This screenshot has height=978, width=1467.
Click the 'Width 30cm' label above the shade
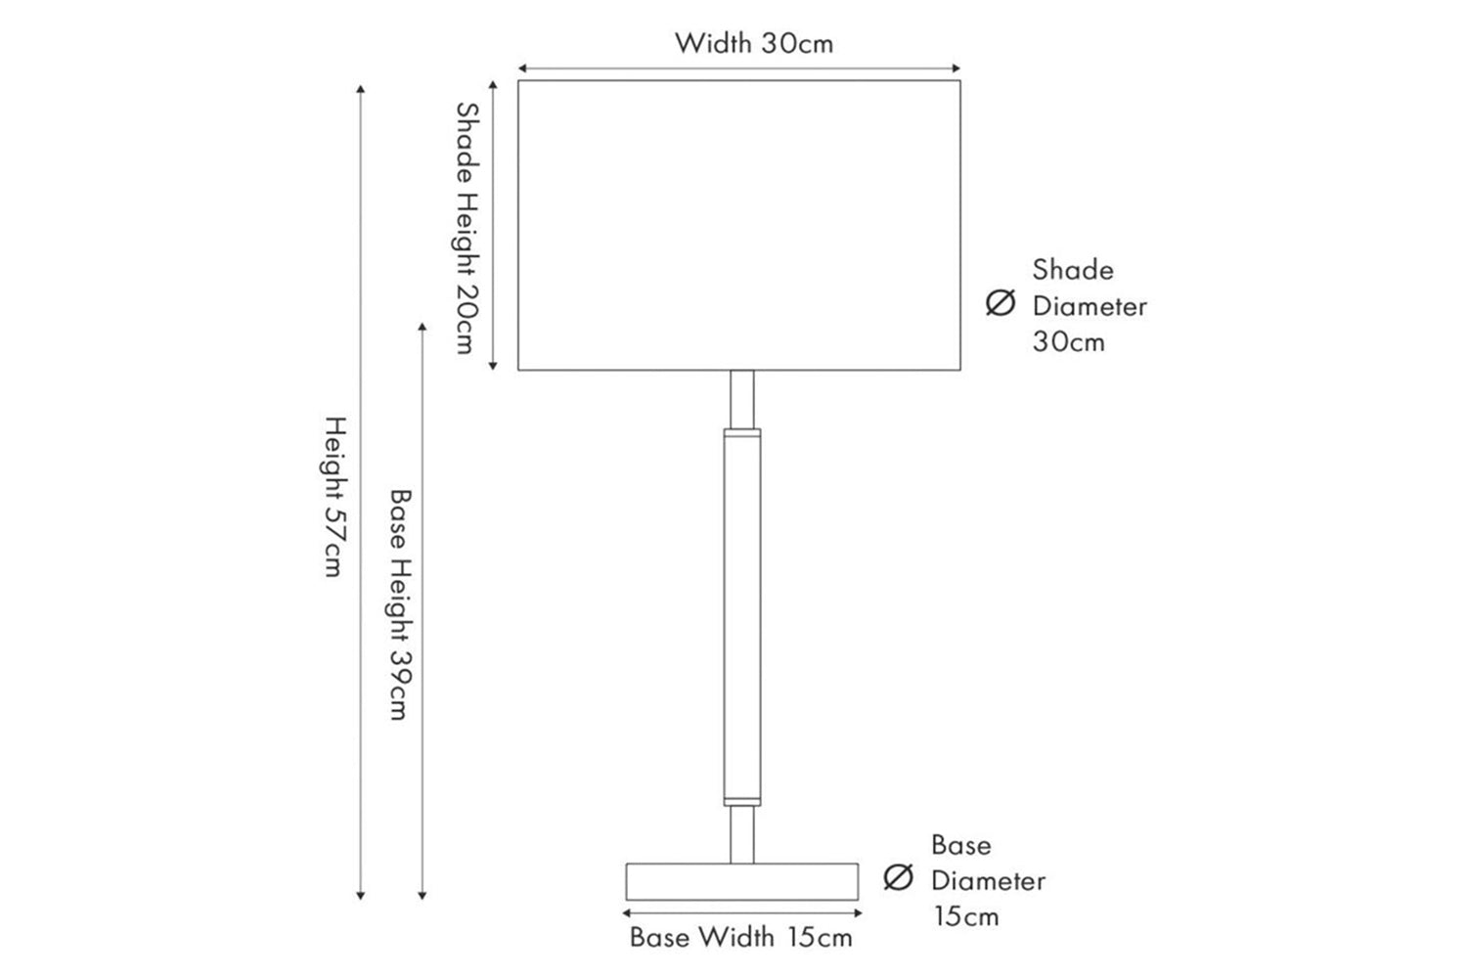pyautogui.click(x=754, y=44)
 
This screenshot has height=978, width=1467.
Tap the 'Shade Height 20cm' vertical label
pyautogui.click(x=467, y=228)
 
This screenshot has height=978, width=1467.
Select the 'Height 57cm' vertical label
pyautogui.click(x=334, y=497)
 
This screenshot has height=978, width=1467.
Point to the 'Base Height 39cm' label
pyautogui.click(x=400, y=604)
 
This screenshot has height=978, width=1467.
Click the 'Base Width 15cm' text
pyautogui.click(x=740, y=937)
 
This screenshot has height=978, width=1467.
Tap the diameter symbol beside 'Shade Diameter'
pyautogui.click(x=1000, y=302)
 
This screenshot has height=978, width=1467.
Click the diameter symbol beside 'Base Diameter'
pyautogui.click(x=898, y=877)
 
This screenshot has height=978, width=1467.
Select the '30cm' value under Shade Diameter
pyautogui.click(x=1069, y=342)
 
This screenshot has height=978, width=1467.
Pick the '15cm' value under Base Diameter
pyautogui.click(x=966, y=916)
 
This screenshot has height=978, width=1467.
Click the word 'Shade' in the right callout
pyautogui.click(x=1073, y=270)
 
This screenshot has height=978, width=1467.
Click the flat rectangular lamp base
pyautogui.click(x=742, y=882)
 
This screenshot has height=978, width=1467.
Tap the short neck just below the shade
pyautogui.click(x=742, y=400)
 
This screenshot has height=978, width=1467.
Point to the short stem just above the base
pyautogui.click(x=742, y=834)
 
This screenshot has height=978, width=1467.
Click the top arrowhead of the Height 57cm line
pyautogui.click(x=360, y=88)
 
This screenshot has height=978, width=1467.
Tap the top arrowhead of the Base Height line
pyautogui.click(x=422, y=327)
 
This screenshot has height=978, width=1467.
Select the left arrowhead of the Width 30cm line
pyautogui.click(x=522, y=68)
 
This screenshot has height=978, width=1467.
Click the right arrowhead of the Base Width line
pyautogui.click(x=858, y=913)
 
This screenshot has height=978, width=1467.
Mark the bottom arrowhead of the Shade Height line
pyautogui.click(x=493, y=367)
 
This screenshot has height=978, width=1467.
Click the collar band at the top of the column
pyautogui.click(x=742, y=433)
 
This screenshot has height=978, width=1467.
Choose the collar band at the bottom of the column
pyautogui.click(x=742, y=802)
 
